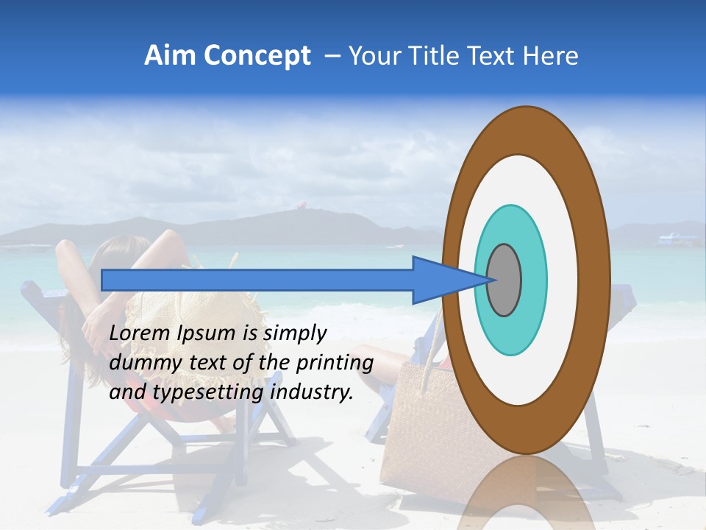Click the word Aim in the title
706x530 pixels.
click(x=170, y=56)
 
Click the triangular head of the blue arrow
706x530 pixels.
click(x=441, y=280)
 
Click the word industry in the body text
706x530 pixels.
click(x=313, y=392)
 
